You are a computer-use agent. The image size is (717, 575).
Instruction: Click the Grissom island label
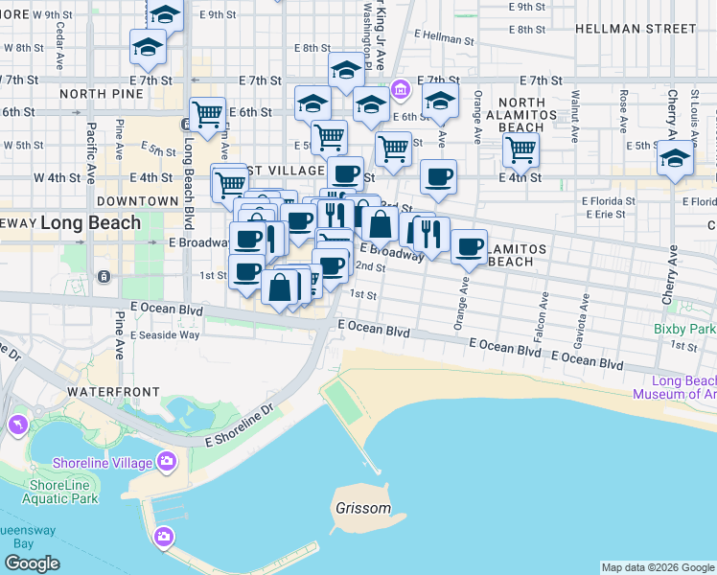tap(363, 508)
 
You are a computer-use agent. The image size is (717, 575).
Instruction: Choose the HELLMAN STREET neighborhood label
tap(650, 29)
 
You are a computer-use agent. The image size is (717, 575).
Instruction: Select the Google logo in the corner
tap(32, 563)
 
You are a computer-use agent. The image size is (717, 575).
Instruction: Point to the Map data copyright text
tap(657, 567)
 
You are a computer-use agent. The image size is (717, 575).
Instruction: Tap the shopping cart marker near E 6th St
tap(207, 114)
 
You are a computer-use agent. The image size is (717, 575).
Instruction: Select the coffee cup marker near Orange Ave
tap(469, 246)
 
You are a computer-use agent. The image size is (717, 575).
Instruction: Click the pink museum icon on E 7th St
tap(401, 91)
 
